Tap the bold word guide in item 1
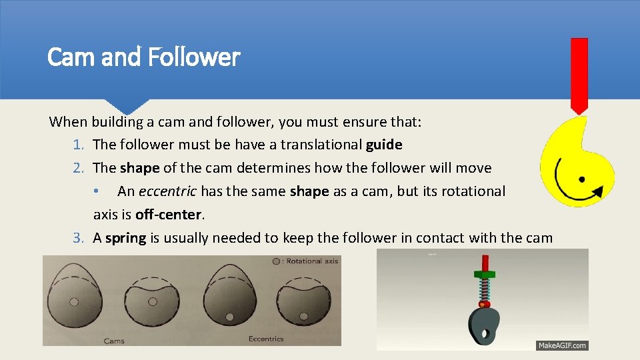point(384,145)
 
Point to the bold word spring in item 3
point(125,238)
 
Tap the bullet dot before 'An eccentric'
point(97,191)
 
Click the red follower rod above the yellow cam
point(579,73)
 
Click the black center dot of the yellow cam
point(581,180)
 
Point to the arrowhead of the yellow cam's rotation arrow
point(598,192)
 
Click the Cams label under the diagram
point(114,341)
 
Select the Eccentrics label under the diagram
point(266,339)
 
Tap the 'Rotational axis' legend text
point(312,261)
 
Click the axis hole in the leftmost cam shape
point(74,301)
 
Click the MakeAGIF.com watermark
point(562,345)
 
